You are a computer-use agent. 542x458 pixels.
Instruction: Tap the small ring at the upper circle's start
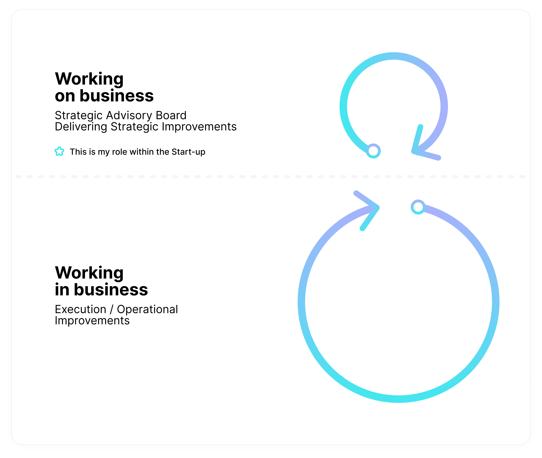pyautogui.click(x=373, y=151)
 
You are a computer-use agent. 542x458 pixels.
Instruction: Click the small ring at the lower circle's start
pyautogui.click(x=418, y=207)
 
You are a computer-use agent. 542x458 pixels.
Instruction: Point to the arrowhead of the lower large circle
pyautogui.click(x=371, y=209)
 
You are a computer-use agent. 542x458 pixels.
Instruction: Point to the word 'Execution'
pyautogui.click(x=81, y=309)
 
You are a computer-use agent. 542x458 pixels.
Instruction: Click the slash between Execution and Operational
pyautogui.click(x=112, y=309)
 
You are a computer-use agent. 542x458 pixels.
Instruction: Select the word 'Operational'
pyautogui.click(x=147, y=309)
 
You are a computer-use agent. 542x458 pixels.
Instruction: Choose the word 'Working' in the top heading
pyautogui.click(x=89, y=79)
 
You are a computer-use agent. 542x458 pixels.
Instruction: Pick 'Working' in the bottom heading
pyautogui.click(x=89, y=273)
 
